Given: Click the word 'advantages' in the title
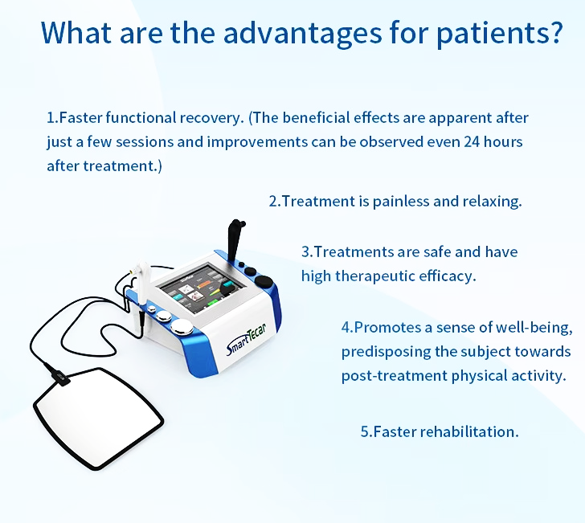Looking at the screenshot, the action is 303,32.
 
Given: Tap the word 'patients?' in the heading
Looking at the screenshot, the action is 499,34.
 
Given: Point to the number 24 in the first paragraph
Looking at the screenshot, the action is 472,141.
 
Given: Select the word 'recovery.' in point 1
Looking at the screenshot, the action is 211,118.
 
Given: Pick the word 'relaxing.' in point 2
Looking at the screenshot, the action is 492,202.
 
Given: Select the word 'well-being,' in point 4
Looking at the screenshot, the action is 534,328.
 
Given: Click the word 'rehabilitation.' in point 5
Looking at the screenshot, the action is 469,431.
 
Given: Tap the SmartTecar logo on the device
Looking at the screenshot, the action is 246,339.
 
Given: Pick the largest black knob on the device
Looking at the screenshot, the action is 264,280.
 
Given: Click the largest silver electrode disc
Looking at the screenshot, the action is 182,327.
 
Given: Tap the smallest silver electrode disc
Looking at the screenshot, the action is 152,308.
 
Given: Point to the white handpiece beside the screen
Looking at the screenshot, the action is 141,283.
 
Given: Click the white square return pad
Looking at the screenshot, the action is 99,418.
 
